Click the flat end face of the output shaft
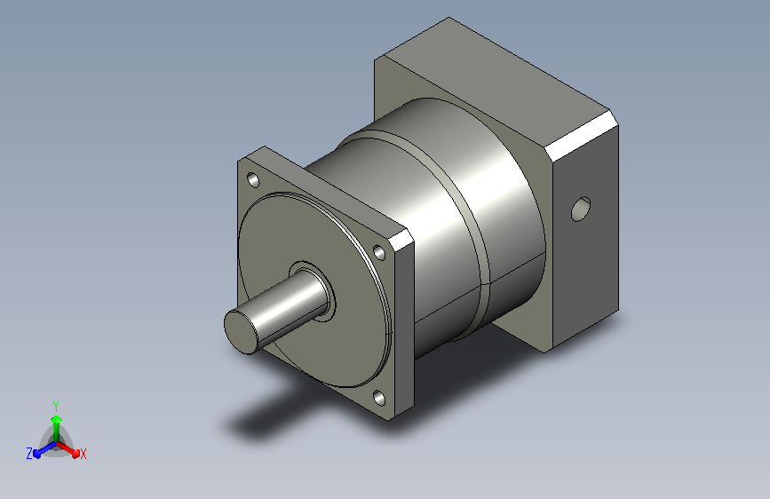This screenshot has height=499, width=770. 241,329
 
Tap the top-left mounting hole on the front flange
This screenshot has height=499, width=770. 254,180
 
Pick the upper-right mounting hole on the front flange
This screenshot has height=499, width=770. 381,251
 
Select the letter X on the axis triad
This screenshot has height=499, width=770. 83,454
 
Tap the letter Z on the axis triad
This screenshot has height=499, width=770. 29,454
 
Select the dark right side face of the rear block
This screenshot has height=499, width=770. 586,266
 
